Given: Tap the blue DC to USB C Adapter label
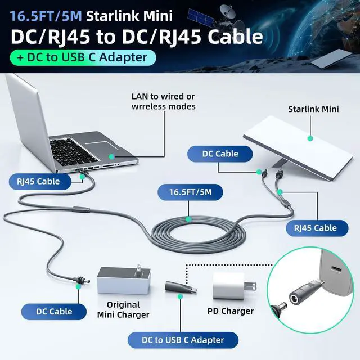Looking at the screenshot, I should click(x=183, y=340).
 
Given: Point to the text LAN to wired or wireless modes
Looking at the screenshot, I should click(x=163, y=101).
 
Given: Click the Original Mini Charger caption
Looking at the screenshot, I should click(x=123, y=310).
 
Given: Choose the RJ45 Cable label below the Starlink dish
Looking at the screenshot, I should click(x=315, y=228).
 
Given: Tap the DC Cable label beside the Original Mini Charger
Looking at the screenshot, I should click(x=54, y=311).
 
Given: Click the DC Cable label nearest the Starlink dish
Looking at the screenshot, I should click(x=220, y=154).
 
